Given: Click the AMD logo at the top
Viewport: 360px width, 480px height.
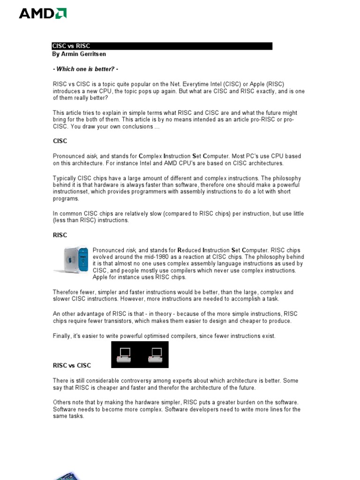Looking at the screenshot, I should click(43, 14).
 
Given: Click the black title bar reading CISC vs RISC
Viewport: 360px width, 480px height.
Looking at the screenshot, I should click(162, 46).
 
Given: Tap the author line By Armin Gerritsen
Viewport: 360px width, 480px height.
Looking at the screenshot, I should click(78, 54).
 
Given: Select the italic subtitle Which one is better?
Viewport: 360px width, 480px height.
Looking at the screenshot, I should click(89, 69).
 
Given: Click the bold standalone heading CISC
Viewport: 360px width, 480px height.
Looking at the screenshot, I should click(60, 141).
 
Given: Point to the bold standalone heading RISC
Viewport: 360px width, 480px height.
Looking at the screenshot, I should click(60, 235).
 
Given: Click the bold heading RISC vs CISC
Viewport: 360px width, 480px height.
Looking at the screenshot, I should click(72, 365).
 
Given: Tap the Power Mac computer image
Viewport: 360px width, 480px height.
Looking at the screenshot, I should click(71, 260).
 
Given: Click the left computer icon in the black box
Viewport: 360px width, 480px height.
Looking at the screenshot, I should click(125, 354).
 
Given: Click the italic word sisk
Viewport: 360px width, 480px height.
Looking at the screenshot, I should click(92, 156).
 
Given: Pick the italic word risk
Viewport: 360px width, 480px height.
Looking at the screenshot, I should click(131, 250).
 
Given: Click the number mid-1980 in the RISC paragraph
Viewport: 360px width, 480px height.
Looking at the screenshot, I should click(148, 257).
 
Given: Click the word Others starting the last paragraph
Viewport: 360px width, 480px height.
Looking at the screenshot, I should click(61, 402).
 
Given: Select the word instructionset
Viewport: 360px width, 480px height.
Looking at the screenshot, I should click(69, 192).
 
